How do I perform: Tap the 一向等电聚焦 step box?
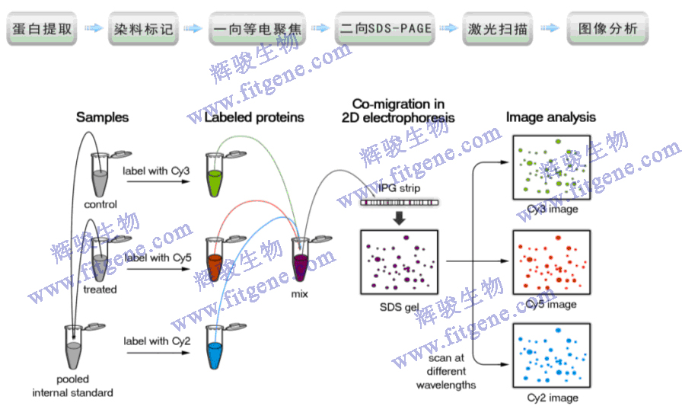[258, 30]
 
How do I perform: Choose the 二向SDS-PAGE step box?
[386, 30]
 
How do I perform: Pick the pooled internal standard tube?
[74, 347]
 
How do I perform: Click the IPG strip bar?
[399, 203]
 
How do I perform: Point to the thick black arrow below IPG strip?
[399, 219]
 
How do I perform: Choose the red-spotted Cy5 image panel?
[551, 263]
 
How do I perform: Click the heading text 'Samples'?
[102, 117]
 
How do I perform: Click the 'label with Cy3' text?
[156, 171]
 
